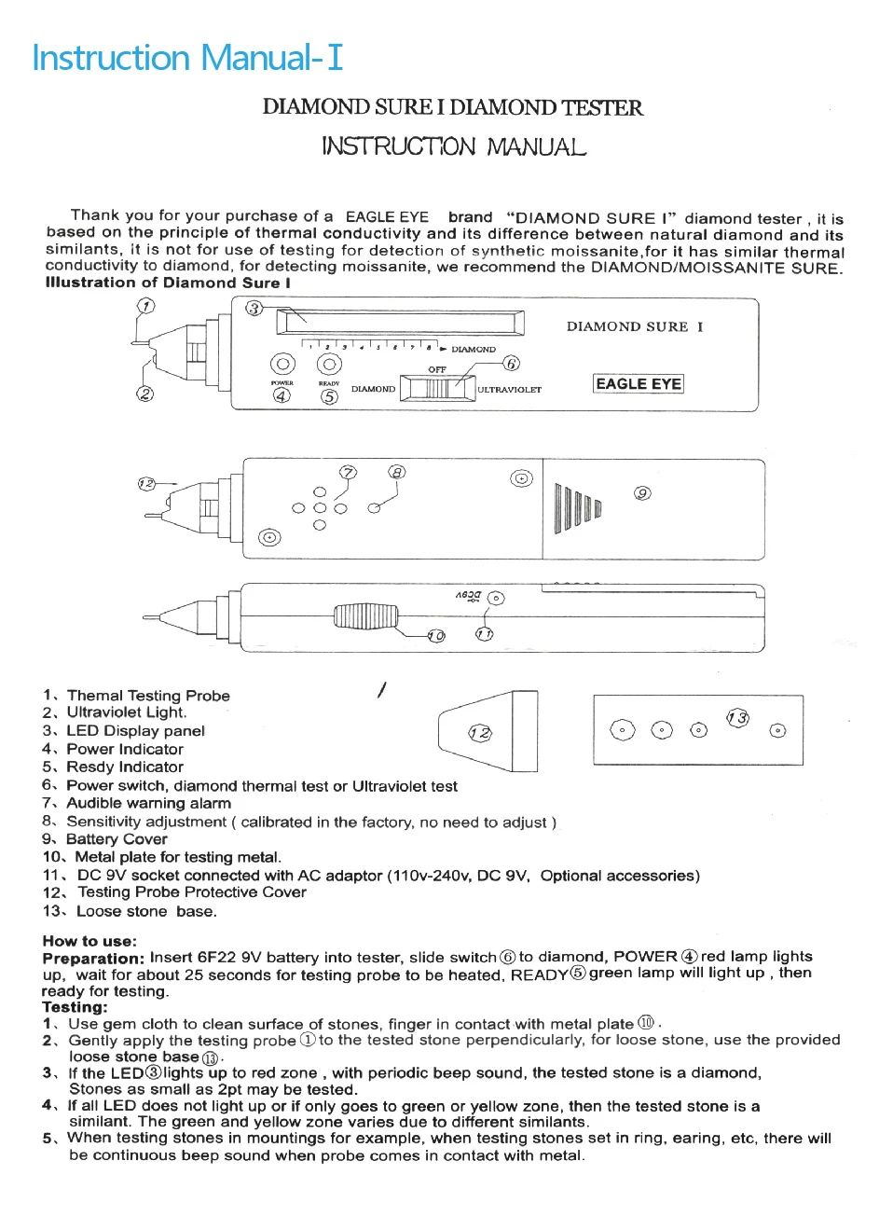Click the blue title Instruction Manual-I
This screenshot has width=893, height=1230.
pyautogui.click(x=187, y=58)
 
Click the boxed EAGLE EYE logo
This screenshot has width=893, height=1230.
pyautogui.click(x=639, y=383)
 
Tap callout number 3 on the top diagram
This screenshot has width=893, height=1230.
pyautogui.click(x=254, y=309)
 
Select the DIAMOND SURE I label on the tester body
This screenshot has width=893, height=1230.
pyautogui.click(x=635, y=326)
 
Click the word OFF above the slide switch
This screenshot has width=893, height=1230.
pyautogui.click(x=437, y=369)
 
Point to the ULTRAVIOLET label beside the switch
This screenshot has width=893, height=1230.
pyautogui.click(x=509, y=390)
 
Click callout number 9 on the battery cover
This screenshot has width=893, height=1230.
pyautogui.click(x=642, y=493)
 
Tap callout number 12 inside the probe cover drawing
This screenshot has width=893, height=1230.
pyautogui.click(x=480, y=733)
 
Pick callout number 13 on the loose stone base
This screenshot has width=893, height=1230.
pyautogui.click(x=737, y=717)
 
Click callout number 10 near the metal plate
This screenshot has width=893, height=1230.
pyautogui.click(x=436, y=636)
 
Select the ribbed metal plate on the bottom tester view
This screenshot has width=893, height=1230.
pyautogui.click(x=366, y=615)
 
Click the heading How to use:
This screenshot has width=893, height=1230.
pyautogui.click(x=89, y=941)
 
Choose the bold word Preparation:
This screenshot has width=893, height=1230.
pyautogui.click(x=93, y=958)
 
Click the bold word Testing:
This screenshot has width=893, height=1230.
pyautogui.click(x=75, y=1007)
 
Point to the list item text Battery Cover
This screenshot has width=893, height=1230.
pyautogui.click(x=117, y=839)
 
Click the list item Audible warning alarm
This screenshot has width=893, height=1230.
pyautogui.click(x=148, y=803)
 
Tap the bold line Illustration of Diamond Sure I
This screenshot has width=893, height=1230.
pyautogui.click(x=168, y=283)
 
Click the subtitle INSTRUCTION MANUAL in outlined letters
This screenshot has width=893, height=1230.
pyautogui.click(x=454, y=146)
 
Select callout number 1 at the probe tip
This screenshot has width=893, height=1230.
pyautogui.click(x=145, y=306)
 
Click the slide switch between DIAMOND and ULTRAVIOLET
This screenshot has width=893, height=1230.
pyautogui.click(x=437, y=389)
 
